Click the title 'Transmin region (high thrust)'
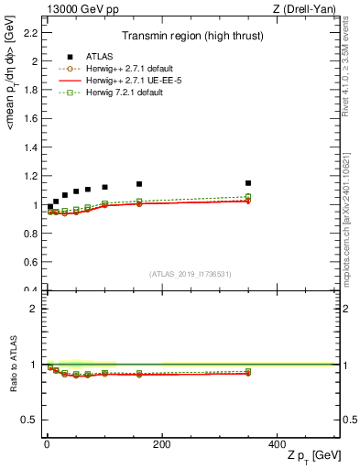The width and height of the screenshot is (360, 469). coord(192,38)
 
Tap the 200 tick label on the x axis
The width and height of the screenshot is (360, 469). coord(161,444)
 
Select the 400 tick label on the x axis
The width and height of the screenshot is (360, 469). coord(276,444)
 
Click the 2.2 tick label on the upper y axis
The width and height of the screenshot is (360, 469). coord(31,33)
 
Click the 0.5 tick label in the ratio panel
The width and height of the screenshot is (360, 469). coord(31,420)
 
